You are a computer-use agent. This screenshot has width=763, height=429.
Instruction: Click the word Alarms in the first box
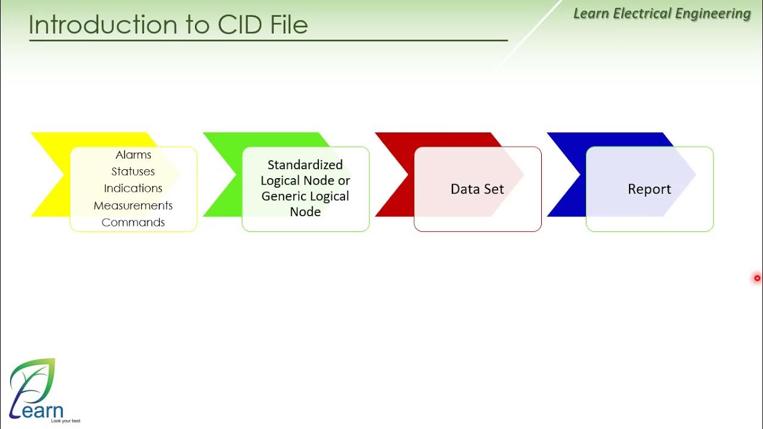click(x=133, y=155)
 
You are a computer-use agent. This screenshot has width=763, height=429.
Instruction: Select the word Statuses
click(x=133, y=172)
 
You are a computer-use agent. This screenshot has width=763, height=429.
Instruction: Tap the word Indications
click(x=133, y=188)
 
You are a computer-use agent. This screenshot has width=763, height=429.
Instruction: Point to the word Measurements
click(x=133, y=206)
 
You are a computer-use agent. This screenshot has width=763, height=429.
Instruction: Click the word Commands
click(x=133, y=222)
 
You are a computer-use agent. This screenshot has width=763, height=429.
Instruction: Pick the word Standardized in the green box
click(x=305, y=165)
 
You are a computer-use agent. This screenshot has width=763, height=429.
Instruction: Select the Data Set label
click(x=477, y=189)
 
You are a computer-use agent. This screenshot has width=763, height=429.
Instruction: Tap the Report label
click(x=649, y=189)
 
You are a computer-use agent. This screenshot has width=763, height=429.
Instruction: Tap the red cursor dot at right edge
click(x=757, y=278)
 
